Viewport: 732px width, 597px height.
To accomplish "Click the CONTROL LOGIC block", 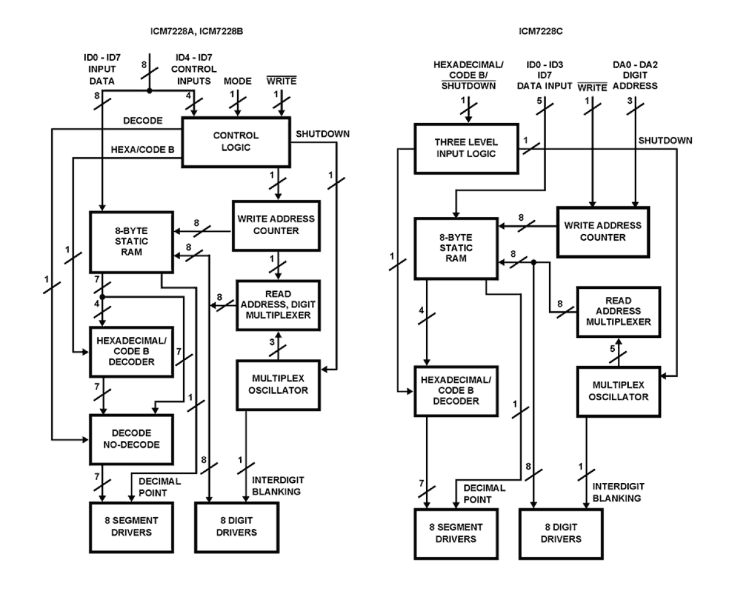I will (236, 142).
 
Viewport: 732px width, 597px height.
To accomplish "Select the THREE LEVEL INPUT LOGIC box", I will (466, 148).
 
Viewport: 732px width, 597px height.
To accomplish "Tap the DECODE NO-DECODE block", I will (131, 439).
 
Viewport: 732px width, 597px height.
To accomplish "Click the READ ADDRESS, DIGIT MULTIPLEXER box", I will (277, 305).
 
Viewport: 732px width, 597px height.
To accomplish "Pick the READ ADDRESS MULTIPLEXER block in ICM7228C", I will (618, 311).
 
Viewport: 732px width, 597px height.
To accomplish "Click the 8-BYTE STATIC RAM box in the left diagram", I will (131, 241).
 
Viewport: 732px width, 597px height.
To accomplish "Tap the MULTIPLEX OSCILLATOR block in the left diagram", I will (278, 384).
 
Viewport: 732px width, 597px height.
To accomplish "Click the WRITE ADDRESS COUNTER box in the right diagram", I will (603, 231).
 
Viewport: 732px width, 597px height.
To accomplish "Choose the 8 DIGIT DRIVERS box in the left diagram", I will (236, 527).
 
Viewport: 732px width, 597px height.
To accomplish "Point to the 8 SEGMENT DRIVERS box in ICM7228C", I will (456, 533).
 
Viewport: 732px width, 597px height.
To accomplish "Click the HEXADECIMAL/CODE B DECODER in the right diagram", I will (456, 390).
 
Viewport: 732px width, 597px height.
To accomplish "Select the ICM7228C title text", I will (540, 31).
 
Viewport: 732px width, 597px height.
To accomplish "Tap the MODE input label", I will (237, 81).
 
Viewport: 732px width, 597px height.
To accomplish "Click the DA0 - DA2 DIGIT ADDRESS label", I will (635, 75).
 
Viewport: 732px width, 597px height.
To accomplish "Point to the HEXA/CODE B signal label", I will (142, 150).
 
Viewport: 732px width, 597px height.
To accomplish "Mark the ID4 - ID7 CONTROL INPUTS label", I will (194, 69).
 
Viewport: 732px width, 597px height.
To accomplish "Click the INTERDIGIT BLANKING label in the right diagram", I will (618, 492).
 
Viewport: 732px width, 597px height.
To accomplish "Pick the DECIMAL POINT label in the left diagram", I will (159, 487).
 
